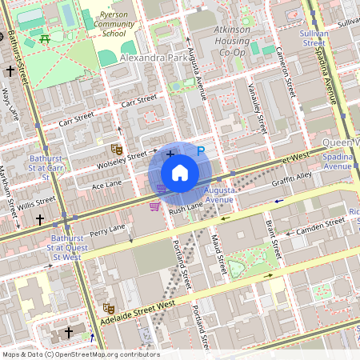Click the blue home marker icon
pos(180,173)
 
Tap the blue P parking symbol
pos(201,150)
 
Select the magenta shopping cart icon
pos(154,206)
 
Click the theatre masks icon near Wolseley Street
pos(116,149)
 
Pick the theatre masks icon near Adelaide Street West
pos(109,307)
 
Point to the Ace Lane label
pos(106,185)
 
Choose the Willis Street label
pos(38,201)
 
